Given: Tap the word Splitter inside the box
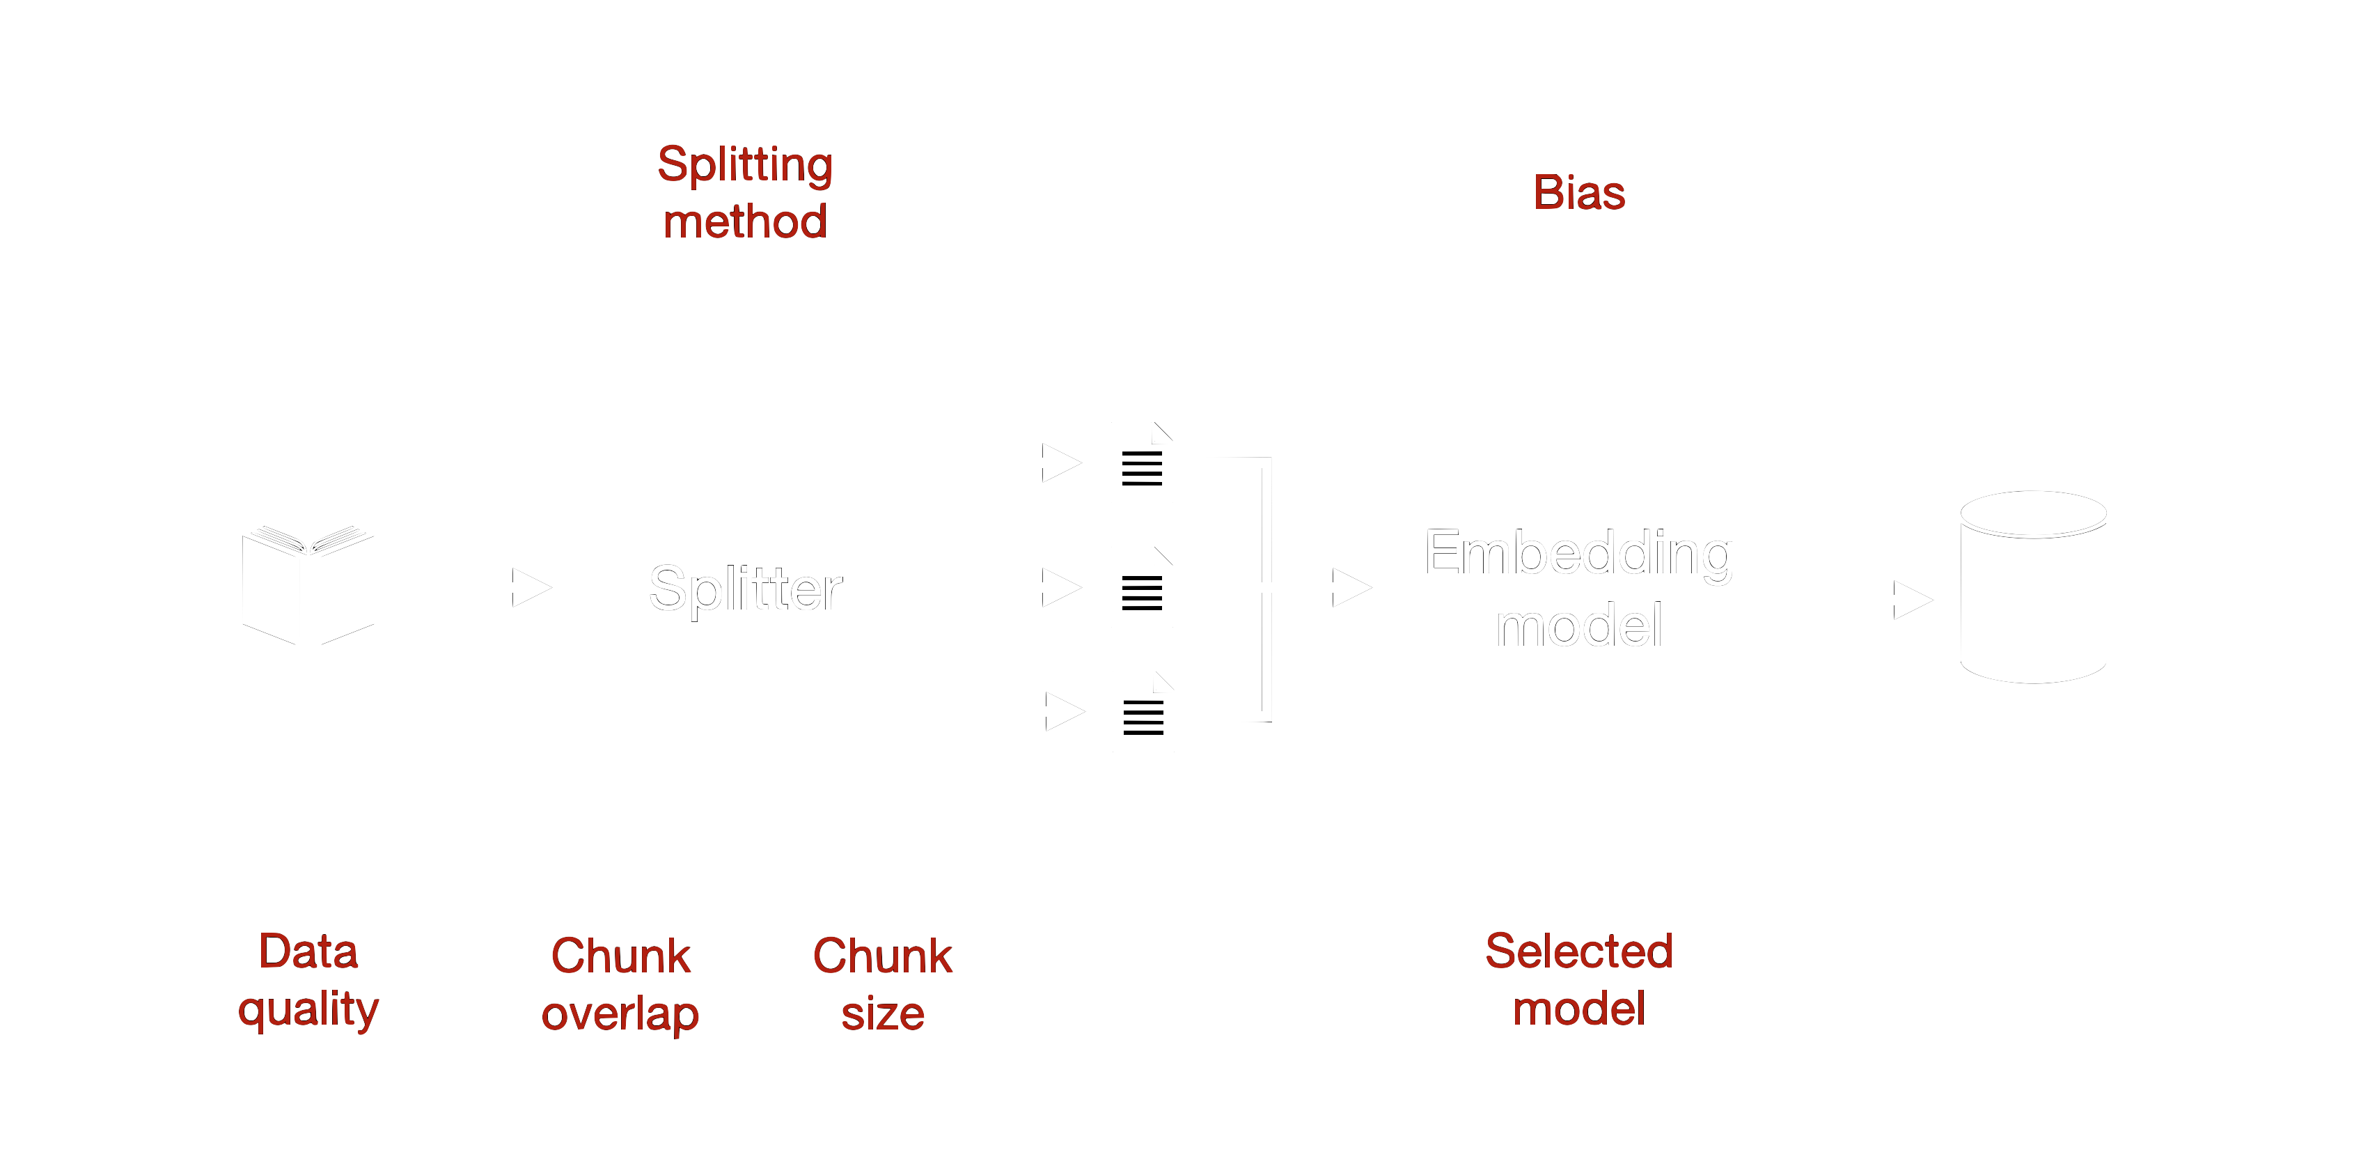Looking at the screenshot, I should pyautogui.click(x=745, y=589).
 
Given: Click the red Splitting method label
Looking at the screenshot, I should pyautogui.click(x=745, y=192).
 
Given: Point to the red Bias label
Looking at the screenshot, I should pyautogui.click(x=1579, y=193).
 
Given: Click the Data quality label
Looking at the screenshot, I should pyautogui.click(x=308, y=979).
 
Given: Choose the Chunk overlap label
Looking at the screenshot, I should pyautogui.click(x=620, y=984).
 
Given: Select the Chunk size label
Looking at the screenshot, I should pyautogui.click(x=882, y=984).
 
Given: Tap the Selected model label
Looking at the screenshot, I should pyautogui.click(x=1579, y=979).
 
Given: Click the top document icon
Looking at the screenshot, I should pyautogui.click(x=1141, y=463).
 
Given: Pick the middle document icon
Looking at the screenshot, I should pyautogui.click(x=1141, y=587).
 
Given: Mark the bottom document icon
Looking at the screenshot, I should pyautogui.click(x=1143, y=712).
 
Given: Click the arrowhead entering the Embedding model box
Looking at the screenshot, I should pyautogui.click(x=1351, y=587).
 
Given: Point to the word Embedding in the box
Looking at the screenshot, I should pyautogui.click(x=1579, y=554).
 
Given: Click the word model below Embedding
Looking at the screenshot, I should pyautogui.click(x=1579, y=627).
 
